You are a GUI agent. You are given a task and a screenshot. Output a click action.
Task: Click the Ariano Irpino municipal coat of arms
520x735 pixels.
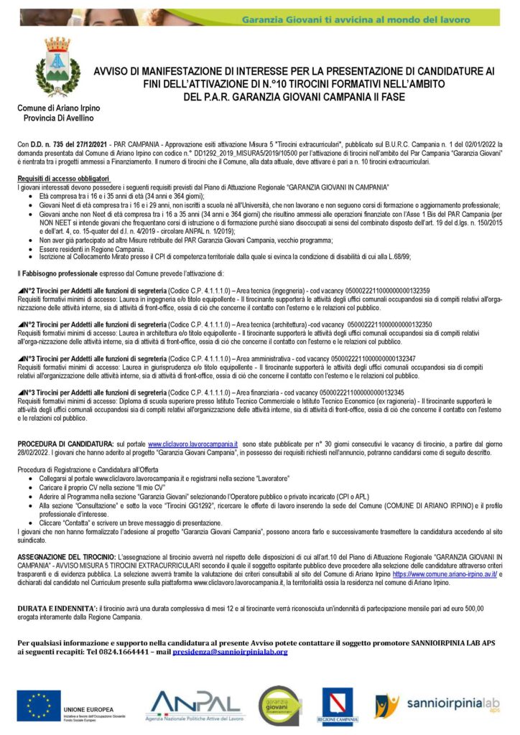(x=57, y=69)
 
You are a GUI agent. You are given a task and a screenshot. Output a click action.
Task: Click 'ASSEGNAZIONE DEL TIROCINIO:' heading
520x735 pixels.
(x=68, y=556)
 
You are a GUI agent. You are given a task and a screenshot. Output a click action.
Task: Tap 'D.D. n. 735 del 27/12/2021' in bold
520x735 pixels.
(x=66, y=144)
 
